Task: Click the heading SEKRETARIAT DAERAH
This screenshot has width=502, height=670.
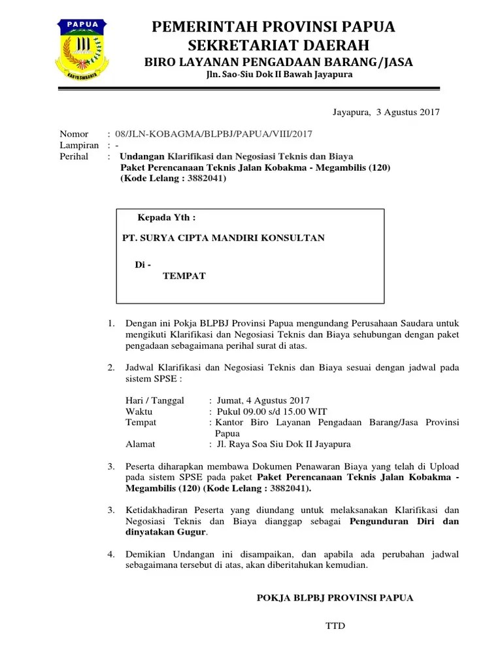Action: click(278, 45)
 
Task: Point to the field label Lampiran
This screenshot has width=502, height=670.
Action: click(79, 145)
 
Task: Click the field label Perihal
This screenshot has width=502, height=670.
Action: click(74, 156)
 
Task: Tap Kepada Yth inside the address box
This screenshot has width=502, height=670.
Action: click(167, 217)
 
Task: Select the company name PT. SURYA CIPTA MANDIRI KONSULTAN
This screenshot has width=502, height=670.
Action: click(224, 238)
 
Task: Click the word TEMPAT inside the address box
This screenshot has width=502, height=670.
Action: click(184, 276)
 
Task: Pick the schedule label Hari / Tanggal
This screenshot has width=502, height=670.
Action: click(155, 400)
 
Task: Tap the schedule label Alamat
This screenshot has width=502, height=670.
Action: click(141, 444)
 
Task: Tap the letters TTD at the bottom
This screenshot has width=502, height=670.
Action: click(335, 626)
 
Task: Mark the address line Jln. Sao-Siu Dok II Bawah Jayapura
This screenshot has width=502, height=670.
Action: click(278, 75)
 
